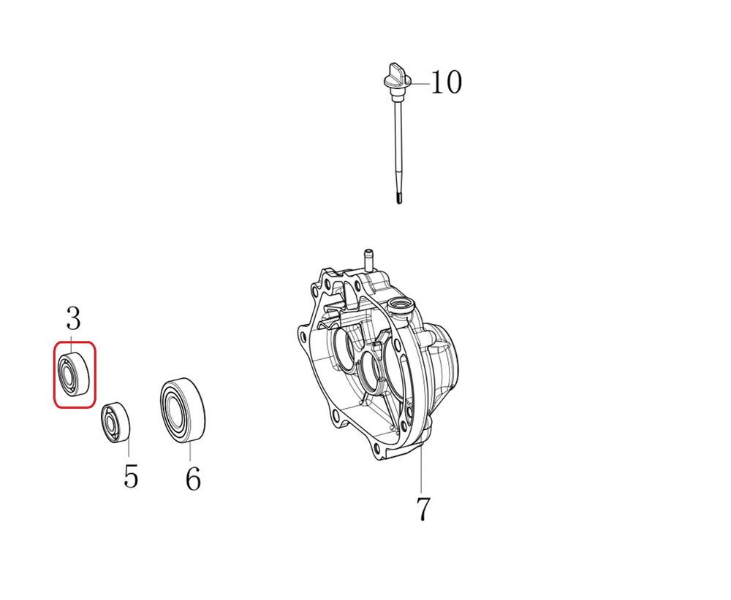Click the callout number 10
pyautogui.click(x=446, y=82)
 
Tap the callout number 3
pyautogui.click(x=73, y=319)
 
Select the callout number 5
pyautogui.click(x=131, y=476)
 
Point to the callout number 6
pyautogui.click(x=193, y=478)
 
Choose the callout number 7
pyautogui.click(x=423, y=509)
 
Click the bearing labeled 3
pyautogui.click(x=74, y=374)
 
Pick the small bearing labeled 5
pyautogui.click(x=116, y=423)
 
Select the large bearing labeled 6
pyautogui.click(x=183, y=410)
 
